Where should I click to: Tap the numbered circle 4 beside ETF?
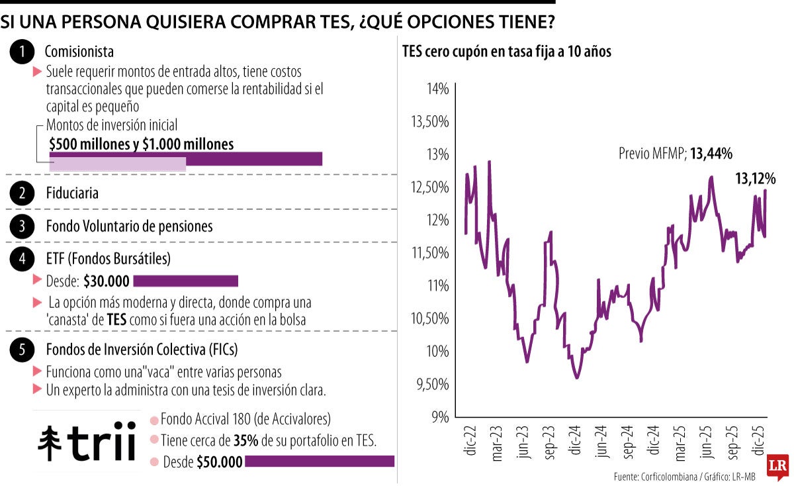(23, 259)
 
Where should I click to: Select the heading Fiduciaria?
(72, 194)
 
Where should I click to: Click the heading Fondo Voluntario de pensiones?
(129, 226)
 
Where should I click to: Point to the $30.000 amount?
(107, 281)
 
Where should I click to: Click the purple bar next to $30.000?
(185, 281)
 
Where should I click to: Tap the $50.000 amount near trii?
(219, 463)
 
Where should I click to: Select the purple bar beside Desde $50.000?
(319, 462)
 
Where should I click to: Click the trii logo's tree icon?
(50, 443)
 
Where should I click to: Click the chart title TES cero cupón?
(506, 52)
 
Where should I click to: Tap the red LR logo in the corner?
(777, 467)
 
